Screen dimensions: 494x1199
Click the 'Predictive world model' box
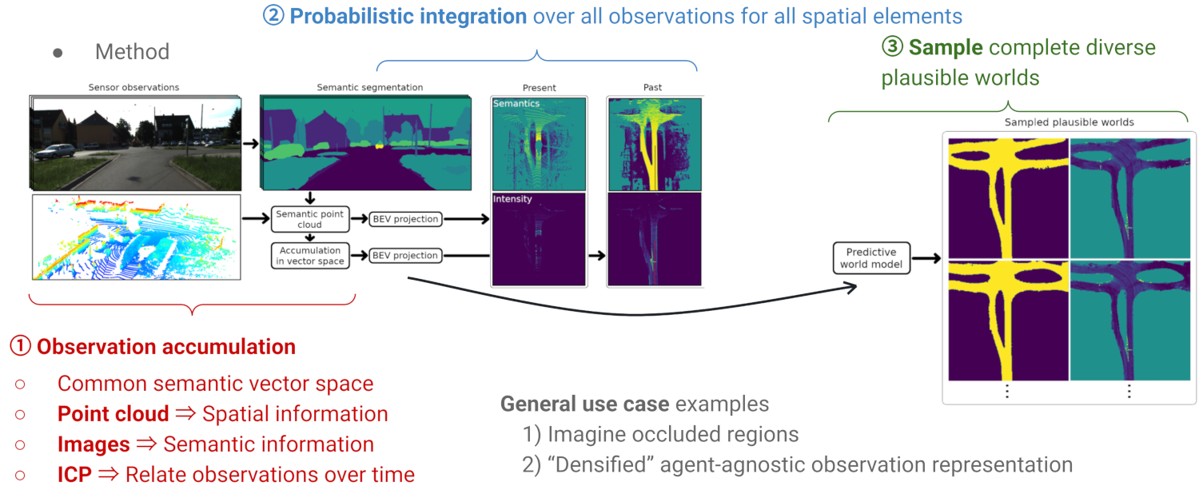click(x=871, y=257)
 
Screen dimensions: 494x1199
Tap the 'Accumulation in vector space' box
click(x=309, y=255)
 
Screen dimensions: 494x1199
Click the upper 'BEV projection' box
click(x=404, y=219)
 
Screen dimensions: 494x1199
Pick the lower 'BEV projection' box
click(x=404, y=256)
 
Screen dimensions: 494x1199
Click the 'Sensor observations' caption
click(x=133, y=87)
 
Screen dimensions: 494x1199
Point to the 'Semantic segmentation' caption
click(x=369, y=87)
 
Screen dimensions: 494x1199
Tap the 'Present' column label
click(x=539, y=87)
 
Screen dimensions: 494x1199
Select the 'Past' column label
click(x=652, y=87)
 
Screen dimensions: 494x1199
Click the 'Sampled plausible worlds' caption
click(x=1069, y=122)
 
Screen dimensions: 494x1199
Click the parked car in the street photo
click(x=55, y=151)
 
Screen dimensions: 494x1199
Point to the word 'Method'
click(x=132, y=52)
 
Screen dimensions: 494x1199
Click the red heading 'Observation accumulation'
click(x=166, y=347)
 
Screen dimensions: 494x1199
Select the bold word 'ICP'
click(x=74, y=475)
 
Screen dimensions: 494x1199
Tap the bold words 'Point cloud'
click(x=113, y=414)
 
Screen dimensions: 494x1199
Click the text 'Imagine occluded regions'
click(x=672, y=434)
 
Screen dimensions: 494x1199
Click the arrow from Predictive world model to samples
click(x=926, y=258)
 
